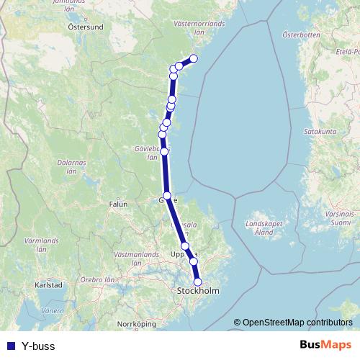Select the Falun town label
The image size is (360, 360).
[x=117, y=204]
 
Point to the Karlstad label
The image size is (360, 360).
[x=49, y=285]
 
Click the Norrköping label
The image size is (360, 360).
[x=137, y=324]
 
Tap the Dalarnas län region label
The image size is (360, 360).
[x=71, y=167]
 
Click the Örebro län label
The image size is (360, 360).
[x=98, y=279]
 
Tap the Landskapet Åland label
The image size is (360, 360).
[x=264, y=228]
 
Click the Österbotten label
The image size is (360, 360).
[x=300, y=34]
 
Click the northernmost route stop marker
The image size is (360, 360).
[x=193, y=59]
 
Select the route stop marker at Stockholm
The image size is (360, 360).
[x=199, y=282]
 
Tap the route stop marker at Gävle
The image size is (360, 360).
[x=167, y=196]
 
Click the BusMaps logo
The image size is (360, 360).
[x=325, y=346]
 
